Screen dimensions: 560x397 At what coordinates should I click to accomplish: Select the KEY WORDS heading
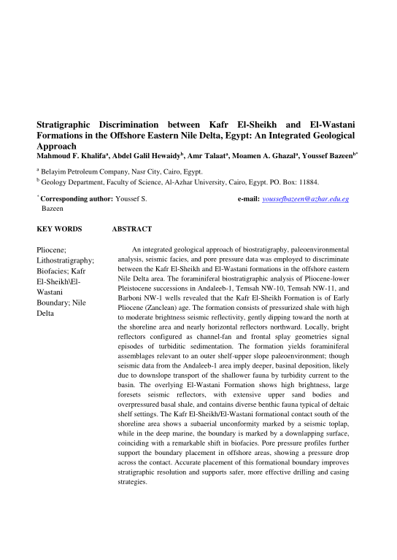(59, 229)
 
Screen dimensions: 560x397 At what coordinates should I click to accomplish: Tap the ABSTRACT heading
(131, 229)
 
